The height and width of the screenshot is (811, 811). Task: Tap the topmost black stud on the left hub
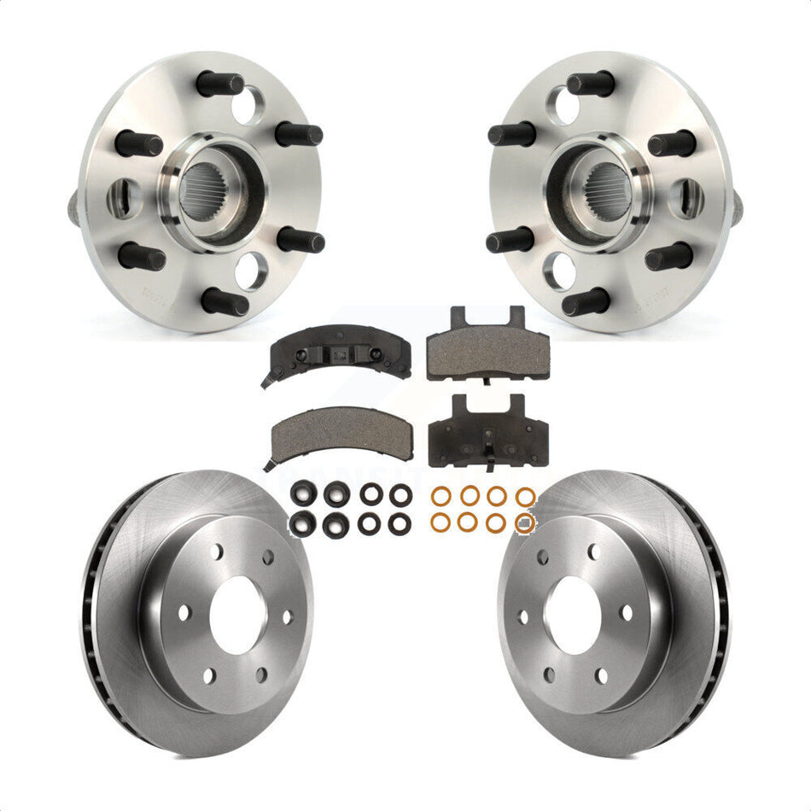point(220,84)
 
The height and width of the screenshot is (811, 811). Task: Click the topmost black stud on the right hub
point(591,84)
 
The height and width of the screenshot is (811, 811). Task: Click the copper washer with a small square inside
point(525,522)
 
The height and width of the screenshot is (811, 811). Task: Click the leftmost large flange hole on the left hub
point(123,197)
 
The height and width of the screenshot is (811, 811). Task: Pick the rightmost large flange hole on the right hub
point(688,197)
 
